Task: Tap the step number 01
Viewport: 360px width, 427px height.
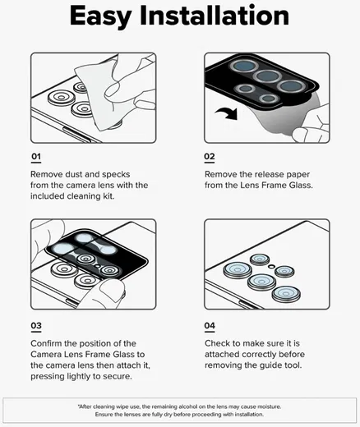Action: (x=36, y=157)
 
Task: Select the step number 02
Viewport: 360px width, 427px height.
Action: (x=210, y=157)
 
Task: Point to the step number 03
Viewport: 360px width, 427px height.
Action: (x=37, y=325)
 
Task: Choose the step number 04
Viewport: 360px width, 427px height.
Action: (x=210, y=325)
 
